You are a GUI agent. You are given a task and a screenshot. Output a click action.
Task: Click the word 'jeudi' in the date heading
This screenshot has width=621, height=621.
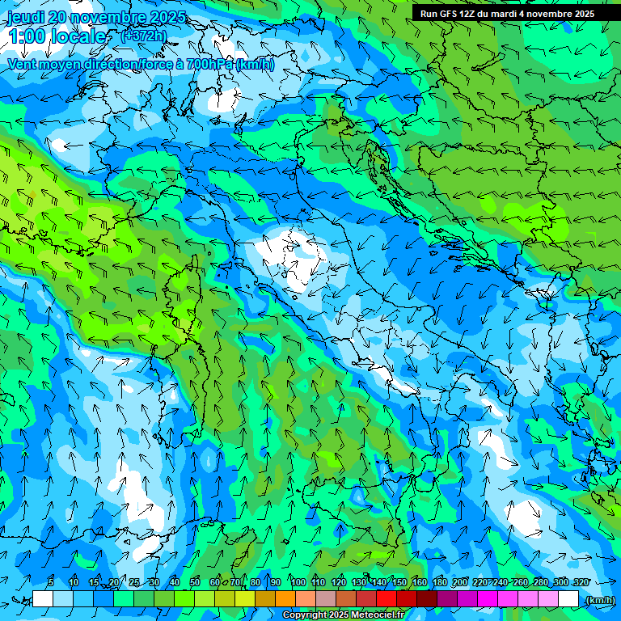(26, 17)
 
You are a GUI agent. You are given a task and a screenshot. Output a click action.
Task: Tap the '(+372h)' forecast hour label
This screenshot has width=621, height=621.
(143, 36)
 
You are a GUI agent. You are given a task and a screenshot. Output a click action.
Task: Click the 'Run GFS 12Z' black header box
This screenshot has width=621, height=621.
(508, 14)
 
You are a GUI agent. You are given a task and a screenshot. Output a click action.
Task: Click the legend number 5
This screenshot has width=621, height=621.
(51, 582)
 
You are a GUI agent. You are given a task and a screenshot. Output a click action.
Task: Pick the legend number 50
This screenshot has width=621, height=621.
(195, 582)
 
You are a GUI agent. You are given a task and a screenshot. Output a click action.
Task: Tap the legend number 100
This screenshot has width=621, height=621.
(298, 582)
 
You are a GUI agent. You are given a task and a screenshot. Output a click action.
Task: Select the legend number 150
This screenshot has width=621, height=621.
(399, 582)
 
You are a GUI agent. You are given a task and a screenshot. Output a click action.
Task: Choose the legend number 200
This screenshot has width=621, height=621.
(460, 582)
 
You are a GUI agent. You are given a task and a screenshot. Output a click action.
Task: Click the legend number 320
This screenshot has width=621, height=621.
(581, 582)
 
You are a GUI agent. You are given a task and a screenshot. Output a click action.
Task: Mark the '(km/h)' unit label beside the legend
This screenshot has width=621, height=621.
(600, 599)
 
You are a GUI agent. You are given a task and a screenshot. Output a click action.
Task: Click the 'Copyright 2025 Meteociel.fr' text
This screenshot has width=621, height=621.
(343, 615)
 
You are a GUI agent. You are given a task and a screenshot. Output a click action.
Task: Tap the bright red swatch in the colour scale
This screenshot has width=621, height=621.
(387, 598)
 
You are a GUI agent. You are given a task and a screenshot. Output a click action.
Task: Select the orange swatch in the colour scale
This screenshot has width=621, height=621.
(285, 598)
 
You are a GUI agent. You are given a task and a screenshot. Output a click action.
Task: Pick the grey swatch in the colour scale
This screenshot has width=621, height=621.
(326, 598)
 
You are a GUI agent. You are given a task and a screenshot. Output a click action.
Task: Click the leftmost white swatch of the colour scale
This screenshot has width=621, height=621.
(43, 598)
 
